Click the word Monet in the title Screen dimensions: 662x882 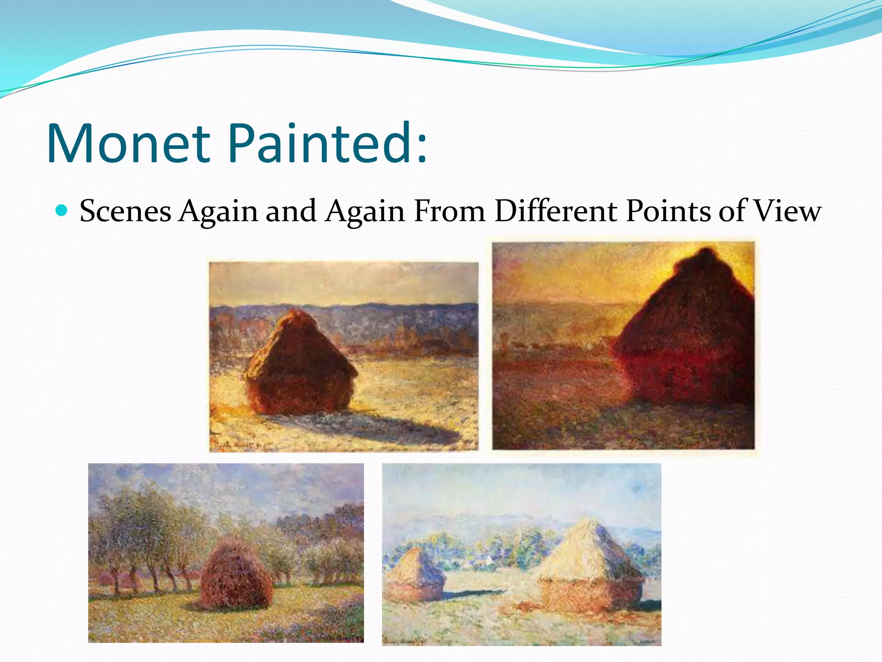(128, 143)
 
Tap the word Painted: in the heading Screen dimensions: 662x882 (327, 143)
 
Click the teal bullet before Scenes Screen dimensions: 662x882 (62, 210)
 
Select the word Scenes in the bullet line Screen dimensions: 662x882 (125, 211)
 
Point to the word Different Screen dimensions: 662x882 (556, 211)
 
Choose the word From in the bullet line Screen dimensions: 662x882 (449, 211)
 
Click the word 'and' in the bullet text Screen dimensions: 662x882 (291, 211)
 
